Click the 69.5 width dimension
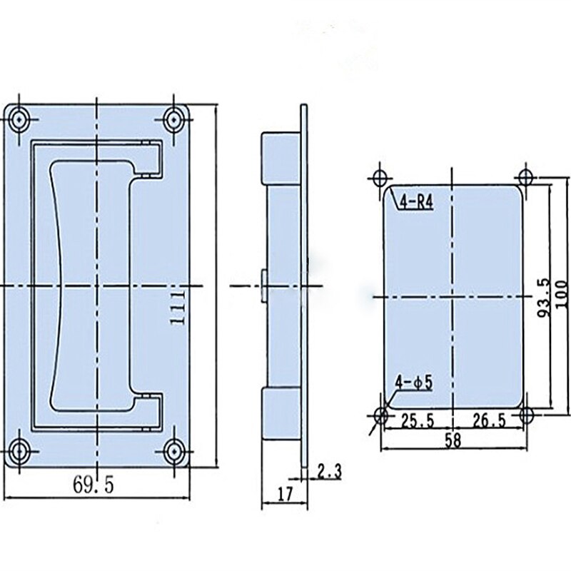pyautogui.click(x=93, y=485)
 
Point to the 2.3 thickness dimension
pyautogui.click(x=329, y=471)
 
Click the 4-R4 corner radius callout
pyautogui.click(x=416, y=202)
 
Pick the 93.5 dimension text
pyautogui.click(x=544, y=296)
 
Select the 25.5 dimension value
pyautogui.click(x=417, y=421)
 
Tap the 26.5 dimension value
pyautogui.click(x=489, y=421)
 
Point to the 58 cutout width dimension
pyautogui.click(x=453, y=440)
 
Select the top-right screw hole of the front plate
pyautogui.click(x=173, y=118)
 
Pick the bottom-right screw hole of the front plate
pyautogui.click(x=173, y=451)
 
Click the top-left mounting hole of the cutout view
pyautogui.click(x=380, y=176)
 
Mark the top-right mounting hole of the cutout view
pyautogui.click(x=526, y=176)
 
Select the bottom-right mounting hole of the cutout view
pyautogui.click(x=526, y=415)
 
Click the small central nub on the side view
pyautogui.click(x=264, y=284)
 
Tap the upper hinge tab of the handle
pyautogui.click(x=148, y=158)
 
